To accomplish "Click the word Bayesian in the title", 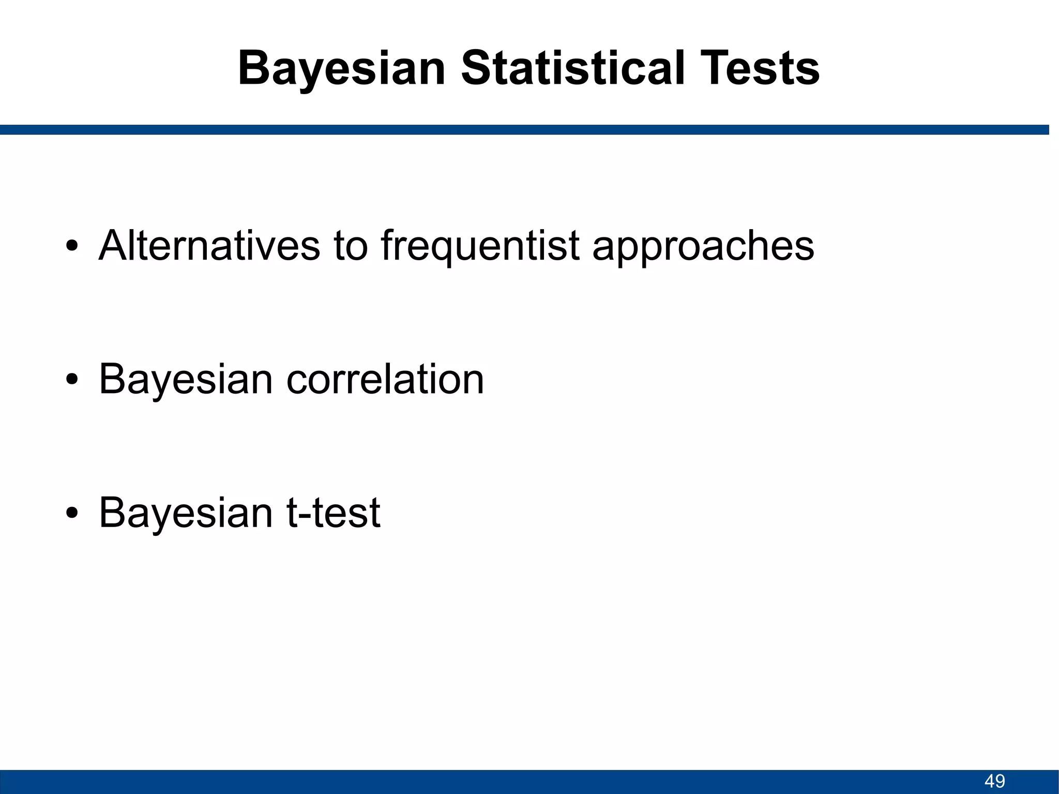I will (341, 69).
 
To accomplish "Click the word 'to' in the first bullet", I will (350, 246).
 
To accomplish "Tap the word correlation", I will (385, 379).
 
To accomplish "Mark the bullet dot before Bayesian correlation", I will (72, 380).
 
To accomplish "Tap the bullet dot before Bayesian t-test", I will (72, 513).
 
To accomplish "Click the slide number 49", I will (994, 781).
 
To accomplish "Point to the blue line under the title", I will (524, 129).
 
